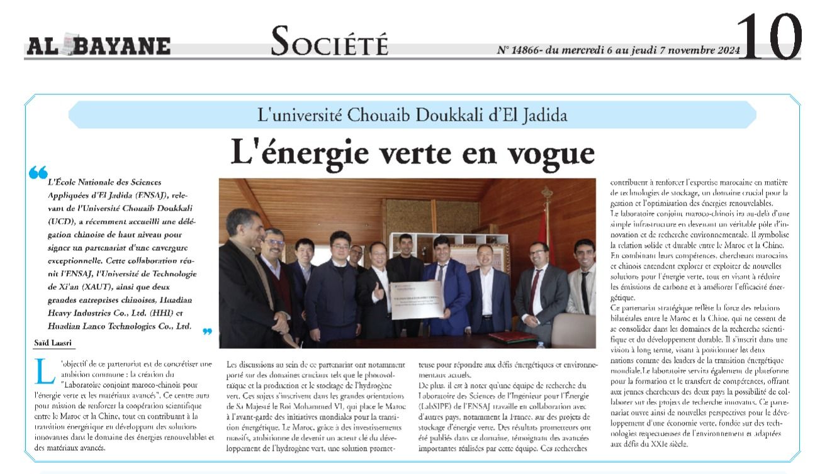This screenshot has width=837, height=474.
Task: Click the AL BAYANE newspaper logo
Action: [x=98, y=46]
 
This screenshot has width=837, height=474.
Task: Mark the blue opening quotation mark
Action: [x=38, y=172]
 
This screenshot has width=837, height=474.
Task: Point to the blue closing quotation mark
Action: [x=207, y=331]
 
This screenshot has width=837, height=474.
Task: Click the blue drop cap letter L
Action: [x=43, y=372]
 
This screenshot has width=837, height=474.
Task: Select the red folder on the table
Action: [x=512, y=337]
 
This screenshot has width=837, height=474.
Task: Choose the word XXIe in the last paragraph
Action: [x=658, y=443]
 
